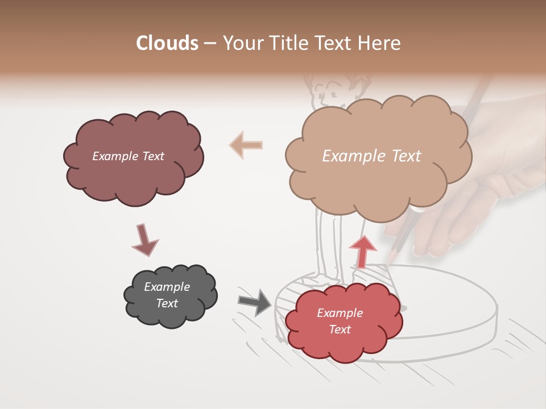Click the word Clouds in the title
[x=167, y=43]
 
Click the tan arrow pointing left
[x=246, y=145]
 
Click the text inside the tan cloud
[x=371, y=156]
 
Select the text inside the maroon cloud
[x=128, y=156]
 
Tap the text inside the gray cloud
[x=167, y=295]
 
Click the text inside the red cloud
[x=340, y=322]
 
